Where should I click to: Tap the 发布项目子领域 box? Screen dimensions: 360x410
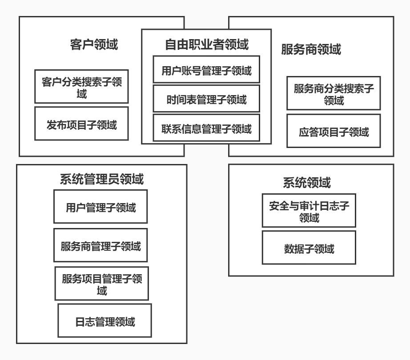81,124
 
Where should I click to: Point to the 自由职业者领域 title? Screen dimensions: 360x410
206,44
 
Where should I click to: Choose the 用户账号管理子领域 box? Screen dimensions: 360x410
206,70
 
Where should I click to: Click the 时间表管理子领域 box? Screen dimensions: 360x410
206,99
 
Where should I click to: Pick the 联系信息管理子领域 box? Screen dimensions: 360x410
206,129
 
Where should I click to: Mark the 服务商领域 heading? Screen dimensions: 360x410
311,49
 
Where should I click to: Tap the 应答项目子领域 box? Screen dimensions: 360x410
334,132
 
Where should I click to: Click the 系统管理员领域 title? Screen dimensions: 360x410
101,179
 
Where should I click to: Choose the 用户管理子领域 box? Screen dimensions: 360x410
100,207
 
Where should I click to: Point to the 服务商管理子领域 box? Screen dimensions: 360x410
100,245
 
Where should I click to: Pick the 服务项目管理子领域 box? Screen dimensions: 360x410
102,284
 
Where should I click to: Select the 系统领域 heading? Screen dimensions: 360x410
306,183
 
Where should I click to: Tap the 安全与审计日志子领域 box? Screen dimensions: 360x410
309,211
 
